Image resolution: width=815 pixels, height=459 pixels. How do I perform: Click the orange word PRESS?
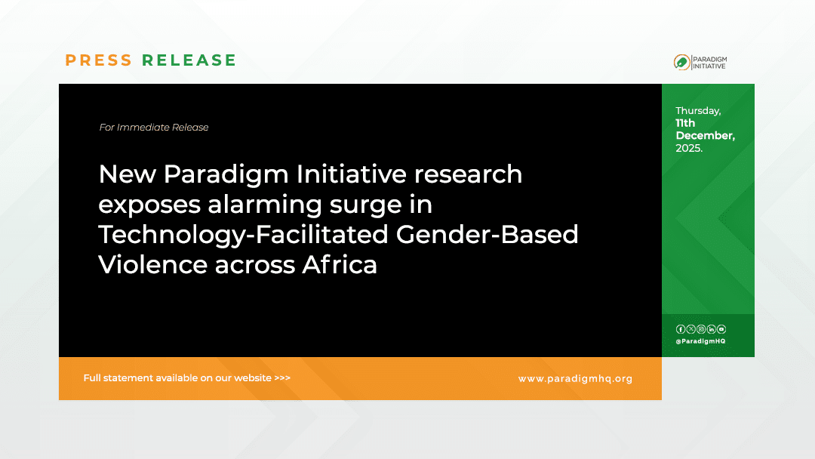(x=99, y=60)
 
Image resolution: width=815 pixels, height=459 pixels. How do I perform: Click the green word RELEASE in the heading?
(x=189, y=60)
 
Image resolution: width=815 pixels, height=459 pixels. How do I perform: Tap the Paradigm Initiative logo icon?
(x=682, y=63)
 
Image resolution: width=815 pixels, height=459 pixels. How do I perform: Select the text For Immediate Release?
(x=154, y=128)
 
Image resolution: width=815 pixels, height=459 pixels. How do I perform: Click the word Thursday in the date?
(x=698, y=111)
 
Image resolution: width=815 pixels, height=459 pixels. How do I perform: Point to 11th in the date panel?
(x=685, y=123)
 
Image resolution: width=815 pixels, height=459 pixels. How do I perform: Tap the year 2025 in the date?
(x=689, y=148)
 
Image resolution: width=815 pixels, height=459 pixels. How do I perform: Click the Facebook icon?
(x=681, y=329)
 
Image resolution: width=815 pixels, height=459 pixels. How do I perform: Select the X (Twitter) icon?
(x=690, y=329)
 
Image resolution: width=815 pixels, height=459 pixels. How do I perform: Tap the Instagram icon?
(x=701, y=329)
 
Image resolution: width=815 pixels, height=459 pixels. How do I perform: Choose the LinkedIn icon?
(x=711, y=329)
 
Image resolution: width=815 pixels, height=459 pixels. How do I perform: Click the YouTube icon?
(x=721, y=329)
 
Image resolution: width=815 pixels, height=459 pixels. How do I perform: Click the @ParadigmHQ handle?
(x=700, y=341)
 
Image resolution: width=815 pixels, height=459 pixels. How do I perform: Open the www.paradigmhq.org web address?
(x=575, y=379)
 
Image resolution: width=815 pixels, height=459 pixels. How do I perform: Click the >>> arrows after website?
(x=282, y=378)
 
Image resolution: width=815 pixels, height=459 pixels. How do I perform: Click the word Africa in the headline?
(x=340, y=264)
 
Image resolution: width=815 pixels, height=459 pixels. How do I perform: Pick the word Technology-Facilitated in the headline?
(x=243, y=235)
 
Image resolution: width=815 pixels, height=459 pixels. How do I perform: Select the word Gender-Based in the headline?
(x=487, y=235)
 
